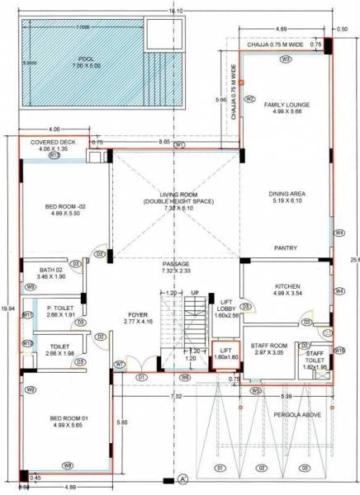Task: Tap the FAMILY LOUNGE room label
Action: click(287, 106)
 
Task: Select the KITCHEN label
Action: click(287, 286)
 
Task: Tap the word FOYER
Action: click(136, 314)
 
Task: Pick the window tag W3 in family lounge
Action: click(286, 59)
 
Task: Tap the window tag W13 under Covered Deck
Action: click(54, 155)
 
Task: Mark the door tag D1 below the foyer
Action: click(140, 377)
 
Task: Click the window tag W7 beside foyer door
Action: click(120, 364)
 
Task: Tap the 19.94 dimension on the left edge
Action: click(6, 308)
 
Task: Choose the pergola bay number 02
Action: click(261, 469)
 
